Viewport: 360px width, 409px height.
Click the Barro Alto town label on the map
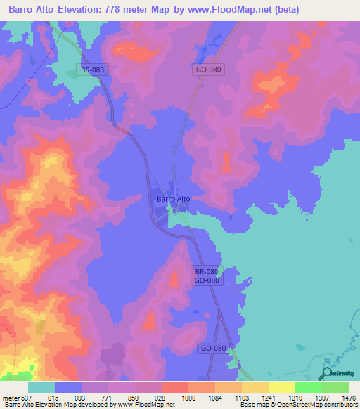coord(173,199)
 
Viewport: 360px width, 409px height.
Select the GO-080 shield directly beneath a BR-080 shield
coord(207,280)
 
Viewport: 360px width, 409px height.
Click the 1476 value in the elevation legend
coord(340,398)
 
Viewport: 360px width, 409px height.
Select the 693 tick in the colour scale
coord(68,398)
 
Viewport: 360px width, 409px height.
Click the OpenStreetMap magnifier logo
coord(328,373)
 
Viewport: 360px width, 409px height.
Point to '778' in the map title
coord(127,10)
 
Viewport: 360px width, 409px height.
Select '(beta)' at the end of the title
coord(279,10)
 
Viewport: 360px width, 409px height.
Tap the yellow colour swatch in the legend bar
coord(281,387)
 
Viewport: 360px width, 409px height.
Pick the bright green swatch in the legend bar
coord(308,387)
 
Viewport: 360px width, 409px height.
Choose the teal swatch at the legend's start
coord(41,387)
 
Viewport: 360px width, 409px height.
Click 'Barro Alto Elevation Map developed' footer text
coord(42,405)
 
